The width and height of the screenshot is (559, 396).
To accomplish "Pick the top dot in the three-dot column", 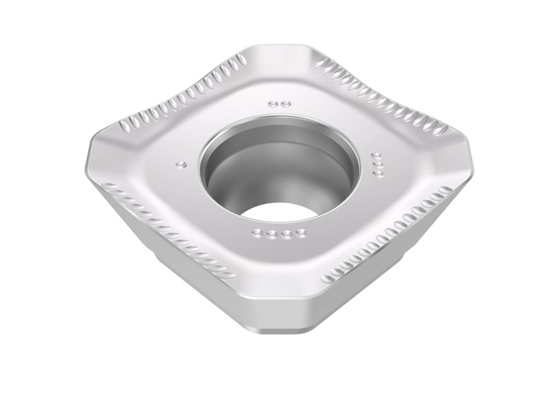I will pyautogui.click(x=376, y=156).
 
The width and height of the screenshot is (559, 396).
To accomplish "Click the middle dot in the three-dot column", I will pyautogui.click(x=376, y=164).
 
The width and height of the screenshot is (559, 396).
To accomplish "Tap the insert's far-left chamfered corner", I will pyautogui.click(x=93, y=158).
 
